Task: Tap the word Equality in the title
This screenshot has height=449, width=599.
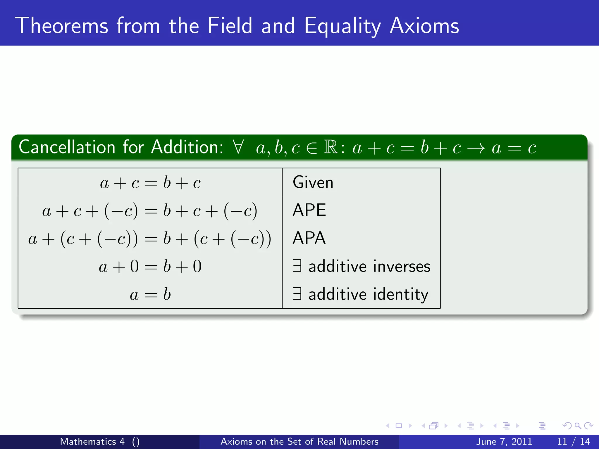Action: [x=342, y=26]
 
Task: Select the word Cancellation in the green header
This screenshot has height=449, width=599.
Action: [x=67, y=147]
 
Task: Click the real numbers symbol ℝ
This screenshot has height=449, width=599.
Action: [x=331, y=147]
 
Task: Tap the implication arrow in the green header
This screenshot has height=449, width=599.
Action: [x=476, y=148]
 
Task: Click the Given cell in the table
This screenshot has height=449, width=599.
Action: [x=313, y=182]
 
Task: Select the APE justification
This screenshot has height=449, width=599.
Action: [x=309, y=210]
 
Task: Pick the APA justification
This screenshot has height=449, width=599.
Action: [x=309, y=238]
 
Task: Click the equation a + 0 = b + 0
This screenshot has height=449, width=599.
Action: [x=150, y=267]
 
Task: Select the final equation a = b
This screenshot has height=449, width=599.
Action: [x=150, y=294]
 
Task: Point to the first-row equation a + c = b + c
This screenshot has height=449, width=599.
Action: [x=150, y=183]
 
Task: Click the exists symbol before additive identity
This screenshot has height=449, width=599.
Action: [x=297, y=294]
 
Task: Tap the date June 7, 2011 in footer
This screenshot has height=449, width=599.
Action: [x=504, y=441]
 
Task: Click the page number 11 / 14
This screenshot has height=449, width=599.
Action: [x=573, y=441]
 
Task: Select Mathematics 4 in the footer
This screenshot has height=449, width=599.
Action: [x=92, y=441]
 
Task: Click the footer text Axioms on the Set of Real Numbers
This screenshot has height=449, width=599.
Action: [x=299, y=441]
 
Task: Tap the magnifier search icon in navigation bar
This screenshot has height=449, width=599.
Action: [x=577, y=426]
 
